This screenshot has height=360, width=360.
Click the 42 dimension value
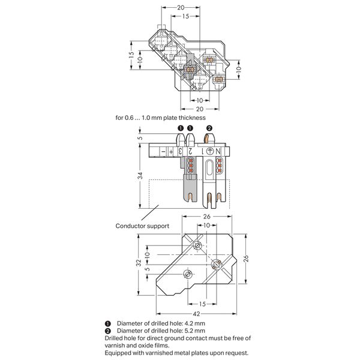[x=197, y=314]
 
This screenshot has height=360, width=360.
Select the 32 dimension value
[x=139, y=263]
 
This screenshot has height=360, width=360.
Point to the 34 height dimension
[x=140, y=176]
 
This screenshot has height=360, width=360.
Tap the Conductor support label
[x=142, y=226]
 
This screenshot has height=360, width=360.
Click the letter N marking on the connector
[x=218, y=151]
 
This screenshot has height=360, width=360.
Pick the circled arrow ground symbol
[x=210, y=151]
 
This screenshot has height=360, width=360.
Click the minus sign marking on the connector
[x=163, y=152]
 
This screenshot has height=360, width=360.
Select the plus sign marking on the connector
[x=171, y=152]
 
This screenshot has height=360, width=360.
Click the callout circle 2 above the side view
[x=209, y=128]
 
